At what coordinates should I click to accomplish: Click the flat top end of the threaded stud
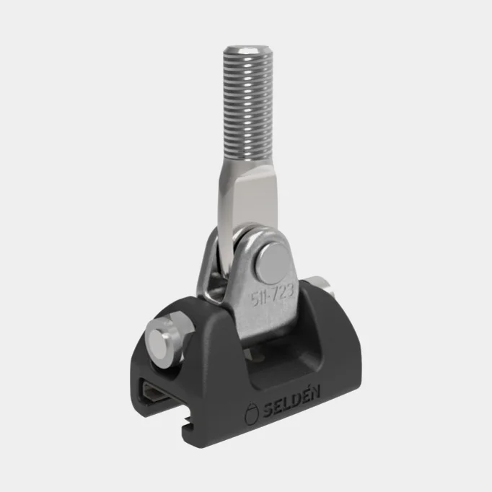(x=248, y=50)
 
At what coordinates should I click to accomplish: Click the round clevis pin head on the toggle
(x=273, y=263)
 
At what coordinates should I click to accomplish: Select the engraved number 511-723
(x=273, y=294)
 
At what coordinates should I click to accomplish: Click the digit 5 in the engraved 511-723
(x=254, y=299)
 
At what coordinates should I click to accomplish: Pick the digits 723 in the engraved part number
(x=283, y=292)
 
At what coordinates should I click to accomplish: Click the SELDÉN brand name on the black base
(x=291, y=402)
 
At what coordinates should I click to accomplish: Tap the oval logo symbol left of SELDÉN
(x=251, y=413)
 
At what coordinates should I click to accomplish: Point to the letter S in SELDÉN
(x=268, y=410)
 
